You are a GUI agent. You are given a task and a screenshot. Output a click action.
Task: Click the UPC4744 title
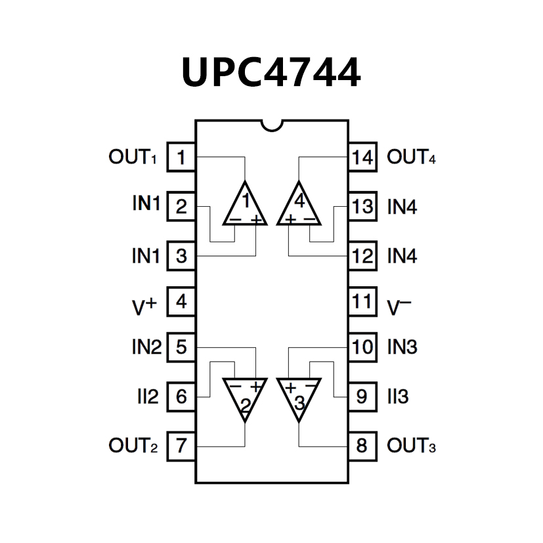pos(271,72)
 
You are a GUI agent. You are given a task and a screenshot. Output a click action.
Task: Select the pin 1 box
pos(181,158)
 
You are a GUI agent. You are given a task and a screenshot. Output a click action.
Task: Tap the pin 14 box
pos(362,158)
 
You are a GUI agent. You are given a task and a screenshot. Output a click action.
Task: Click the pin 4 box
pos(181,303)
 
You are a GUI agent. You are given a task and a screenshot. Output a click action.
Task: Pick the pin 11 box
pos(362,303)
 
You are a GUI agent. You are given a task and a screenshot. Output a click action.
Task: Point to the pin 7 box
pos(181,446)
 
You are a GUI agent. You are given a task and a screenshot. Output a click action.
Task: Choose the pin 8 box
pos(362,446)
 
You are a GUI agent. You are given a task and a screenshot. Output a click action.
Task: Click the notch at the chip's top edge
pos(271,123)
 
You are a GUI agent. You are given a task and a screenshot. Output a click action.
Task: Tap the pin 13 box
pos(362,206)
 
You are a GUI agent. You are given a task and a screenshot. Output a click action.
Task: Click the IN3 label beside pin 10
pos(402,346)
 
